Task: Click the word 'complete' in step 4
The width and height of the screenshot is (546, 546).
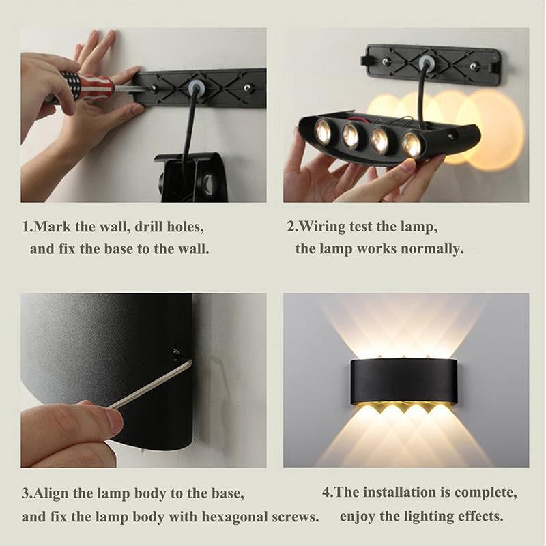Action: coord(485,492)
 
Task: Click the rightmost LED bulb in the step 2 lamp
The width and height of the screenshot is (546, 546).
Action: coord(411,145)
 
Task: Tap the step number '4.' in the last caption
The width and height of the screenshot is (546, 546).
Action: coord(328,492)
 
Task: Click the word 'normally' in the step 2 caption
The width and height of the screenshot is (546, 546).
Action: coord(431,248)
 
